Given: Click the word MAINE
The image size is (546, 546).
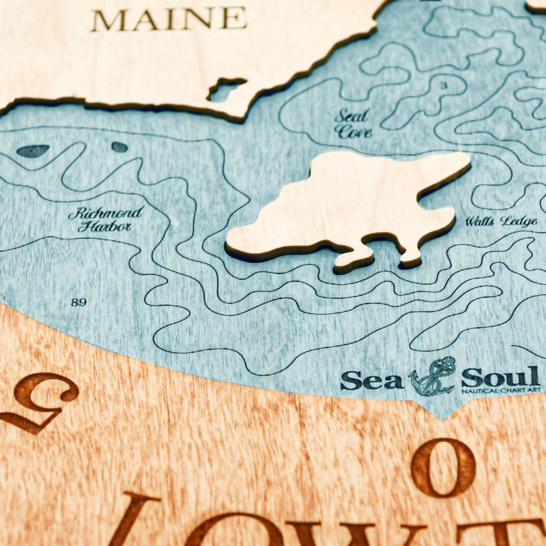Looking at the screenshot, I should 169,18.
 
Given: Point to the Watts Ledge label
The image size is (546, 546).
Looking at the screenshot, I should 501,222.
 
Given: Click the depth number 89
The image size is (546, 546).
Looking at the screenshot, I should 78,302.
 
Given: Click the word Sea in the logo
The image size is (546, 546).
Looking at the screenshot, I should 372,380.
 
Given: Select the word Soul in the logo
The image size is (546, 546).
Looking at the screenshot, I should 499,376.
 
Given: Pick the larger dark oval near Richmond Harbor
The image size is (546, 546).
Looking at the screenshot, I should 33,151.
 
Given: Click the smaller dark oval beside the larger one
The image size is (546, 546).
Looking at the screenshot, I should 119,147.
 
